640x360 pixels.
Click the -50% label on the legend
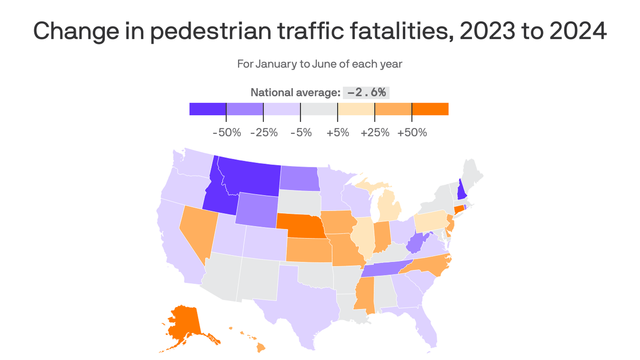click(x=227, y=133)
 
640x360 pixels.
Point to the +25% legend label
click(x=375, y=133)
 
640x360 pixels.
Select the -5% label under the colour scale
click(x=301, y=133)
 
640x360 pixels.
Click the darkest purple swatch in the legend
click(x=208, y=109)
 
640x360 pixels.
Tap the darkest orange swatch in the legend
click(x=430, y=109)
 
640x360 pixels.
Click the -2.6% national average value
click(x=366, y=92)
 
